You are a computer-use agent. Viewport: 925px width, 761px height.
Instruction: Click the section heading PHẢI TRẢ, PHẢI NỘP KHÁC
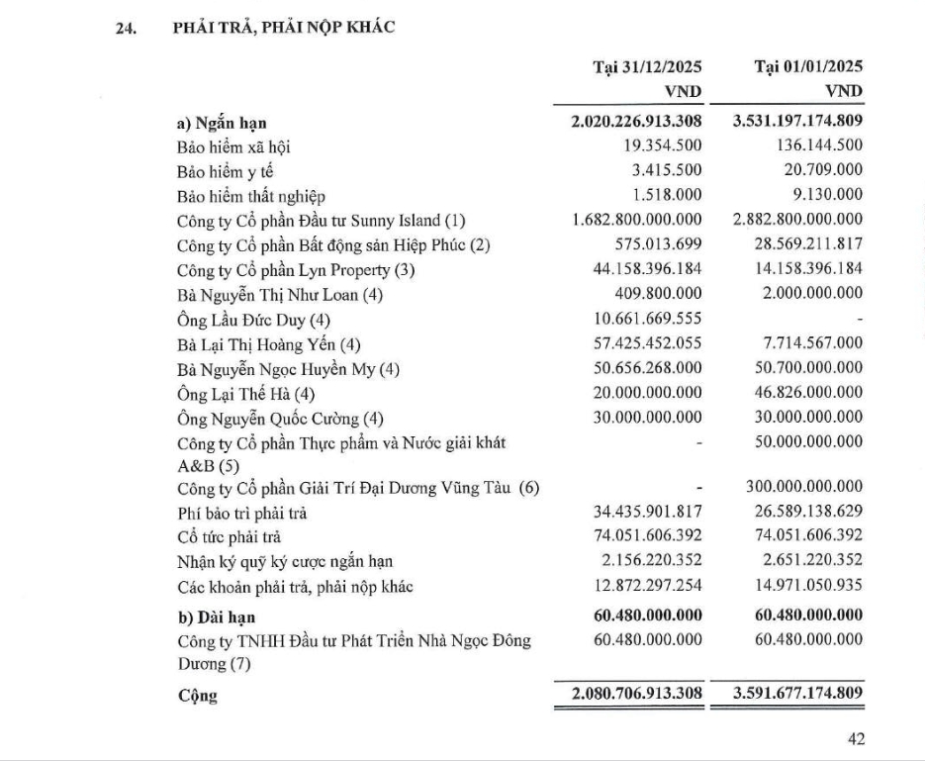tap(284, 28)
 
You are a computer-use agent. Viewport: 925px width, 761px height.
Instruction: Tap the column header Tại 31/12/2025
tap(647, 67)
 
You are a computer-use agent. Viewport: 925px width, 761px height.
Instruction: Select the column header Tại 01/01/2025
tap(808, 67)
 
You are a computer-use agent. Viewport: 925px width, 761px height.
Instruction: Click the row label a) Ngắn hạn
tap(219, 124)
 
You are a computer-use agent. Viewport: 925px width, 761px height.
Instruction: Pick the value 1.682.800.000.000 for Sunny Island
tap(637, 219)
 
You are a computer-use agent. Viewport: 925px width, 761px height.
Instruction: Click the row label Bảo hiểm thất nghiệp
tap(251, 195)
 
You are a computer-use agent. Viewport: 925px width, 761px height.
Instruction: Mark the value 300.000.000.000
tap(803, 489)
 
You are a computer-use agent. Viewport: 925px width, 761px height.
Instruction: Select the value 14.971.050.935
tap(803, 587)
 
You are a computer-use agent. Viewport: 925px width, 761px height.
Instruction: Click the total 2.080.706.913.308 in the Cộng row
tap(637, 694)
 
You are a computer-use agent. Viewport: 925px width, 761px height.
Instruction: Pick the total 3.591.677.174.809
tap(798, 694)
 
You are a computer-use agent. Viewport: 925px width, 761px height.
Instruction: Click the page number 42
tap(856, 738)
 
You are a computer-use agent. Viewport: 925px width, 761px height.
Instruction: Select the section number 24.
tap(125, 29)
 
